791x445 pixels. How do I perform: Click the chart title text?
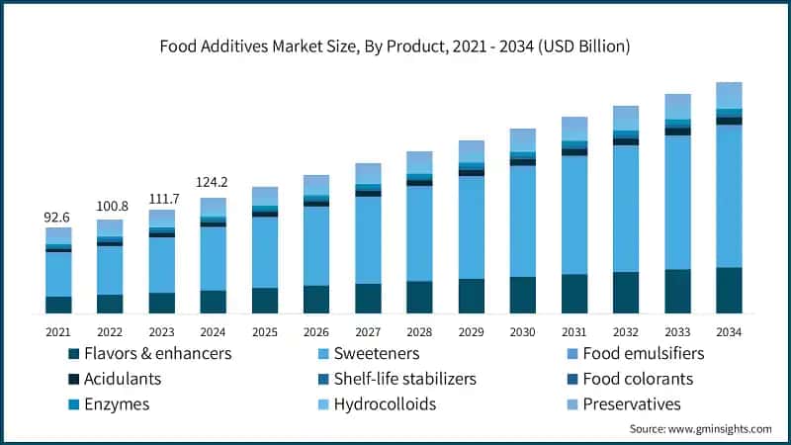point(395,46)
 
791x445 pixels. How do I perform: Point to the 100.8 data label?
point(110,206)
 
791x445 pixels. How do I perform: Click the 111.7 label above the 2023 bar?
point(161,196)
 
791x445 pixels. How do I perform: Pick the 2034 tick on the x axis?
point(729,331)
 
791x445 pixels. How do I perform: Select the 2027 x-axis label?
point(368,331)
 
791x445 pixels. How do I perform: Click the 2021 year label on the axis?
point(58,331)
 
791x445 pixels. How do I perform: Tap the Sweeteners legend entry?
point(376,353)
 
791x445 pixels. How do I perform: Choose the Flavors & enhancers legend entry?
point(157,353)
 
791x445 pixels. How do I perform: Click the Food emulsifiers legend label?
point(643,353)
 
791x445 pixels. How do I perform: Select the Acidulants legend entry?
point(123,379)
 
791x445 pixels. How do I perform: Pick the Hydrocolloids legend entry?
point(385,404)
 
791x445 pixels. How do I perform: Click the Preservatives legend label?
point(632,404)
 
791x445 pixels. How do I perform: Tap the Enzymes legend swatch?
point(73,404)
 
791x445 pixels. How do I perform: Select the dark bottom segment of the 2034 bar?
point(729,290)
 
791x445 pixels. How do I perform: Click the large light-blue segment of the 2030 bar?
point(522,221)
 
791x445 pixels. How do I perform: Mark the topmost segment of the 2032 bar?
point(626,118)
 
